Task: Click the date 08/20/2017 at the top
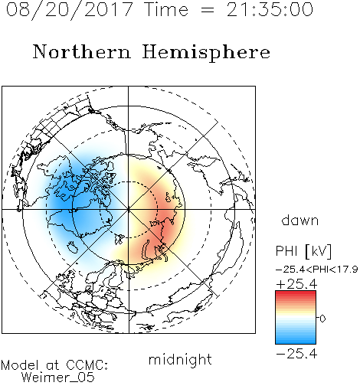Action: pos(70,9)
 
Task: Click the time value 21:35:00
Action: pos(270,9)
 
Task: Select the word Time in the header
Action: pos(166,9)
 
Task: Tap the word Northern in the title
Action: pos(82,51)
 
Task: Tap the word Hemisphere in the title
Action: pos(206,53)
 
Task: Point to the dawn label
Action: pos(300,220)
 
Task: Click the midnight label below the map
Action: pos(180,359)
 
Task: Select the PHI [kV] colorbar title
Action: pos(303,251)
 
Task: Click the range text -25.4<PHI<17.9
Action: pos(316,270)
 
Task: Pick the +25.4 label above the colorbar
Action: pos(296,284)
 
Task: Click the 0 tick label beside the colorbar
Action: pos(322,319)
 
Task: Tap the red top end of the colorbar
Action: pos(296,293)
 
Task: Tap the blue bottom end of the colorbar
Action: pos(296,342)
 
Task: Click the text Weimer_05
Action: pos(58,377)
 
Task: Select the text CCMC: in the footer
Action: pos(87,365)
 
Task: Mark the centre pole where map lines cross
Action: pos(129,209)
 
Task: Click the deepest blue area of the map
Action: pos(64,203)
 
